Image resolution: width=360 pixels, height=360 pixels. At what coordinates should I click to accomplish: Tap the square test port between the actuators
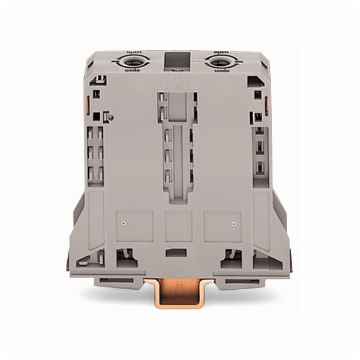click(176, 61)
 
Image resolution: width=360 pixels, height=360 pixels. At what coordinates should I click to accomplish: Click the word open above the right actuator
click(217, 50)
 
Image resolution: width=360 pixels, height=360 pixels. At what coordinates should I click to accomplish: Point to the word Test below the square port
click(177, 73)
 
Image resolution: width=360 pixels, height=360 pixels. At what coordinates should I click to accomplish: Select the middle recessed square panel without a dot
click(178, 226)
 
